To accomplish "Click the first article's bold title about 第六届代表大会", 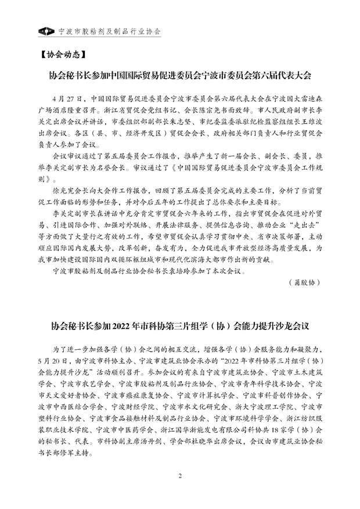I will tap(180, 76).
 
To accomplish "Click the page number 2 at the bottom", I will tap(180, 493).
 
